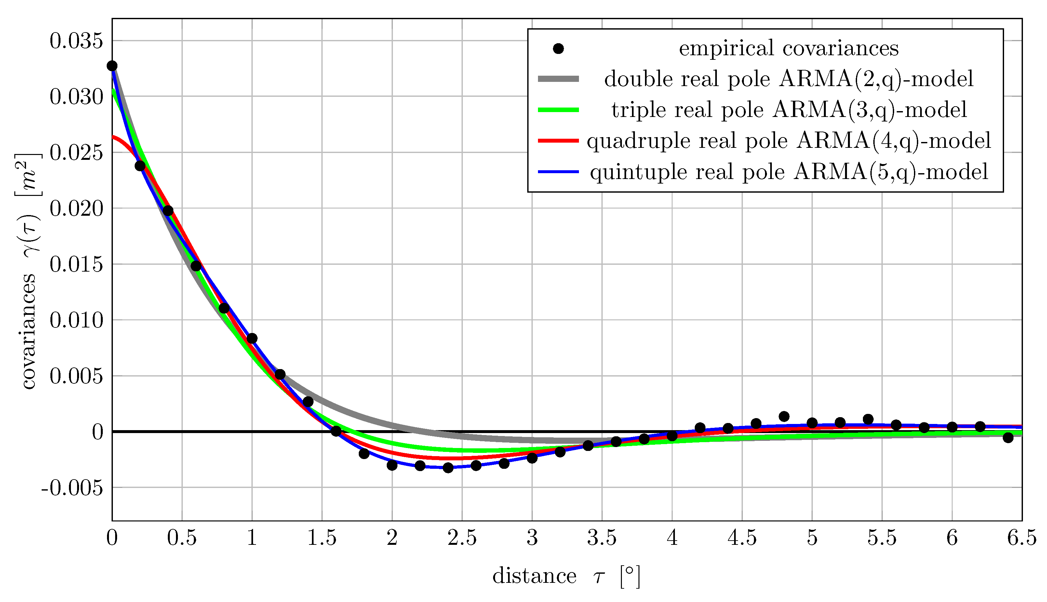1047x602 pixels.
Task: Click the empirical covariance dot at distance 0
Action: pos(112,66)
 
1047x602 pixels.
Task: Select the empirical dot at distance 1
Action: pos(252,338)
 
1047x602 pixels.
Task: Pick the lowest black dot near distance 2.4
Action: pos(448,468)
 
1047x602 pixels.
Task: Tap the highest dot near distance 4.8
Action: pos(784,416)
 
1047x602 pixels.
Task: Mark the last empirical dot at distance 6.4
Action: pos(1008,437)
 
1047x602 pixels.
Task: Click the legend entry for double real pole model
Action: pos(788,79)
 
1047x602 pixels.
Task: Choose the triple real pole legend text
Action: pos(789,110)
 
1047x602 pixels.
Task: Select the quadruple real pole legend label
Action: pos(789,141)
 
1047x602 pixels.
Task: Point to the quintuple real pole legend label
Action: pos(789,172)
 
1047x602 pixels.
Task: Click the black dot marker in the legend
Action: pos(558,49)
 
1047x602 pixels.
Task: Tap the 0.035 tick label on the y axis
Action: pos(76,41)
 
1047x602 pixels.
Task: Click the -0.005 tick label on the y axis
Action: pos(72,488)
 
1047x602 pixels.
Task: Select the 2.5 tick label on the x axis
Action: pos(462,538)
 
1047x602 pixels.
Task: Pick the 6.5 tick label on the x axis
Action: pos(1021,538)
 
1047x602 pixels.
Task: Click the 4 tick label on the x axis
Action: pos(672,538)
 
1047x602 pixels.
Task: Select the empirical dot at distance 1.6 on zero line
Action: pos(336,431)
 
